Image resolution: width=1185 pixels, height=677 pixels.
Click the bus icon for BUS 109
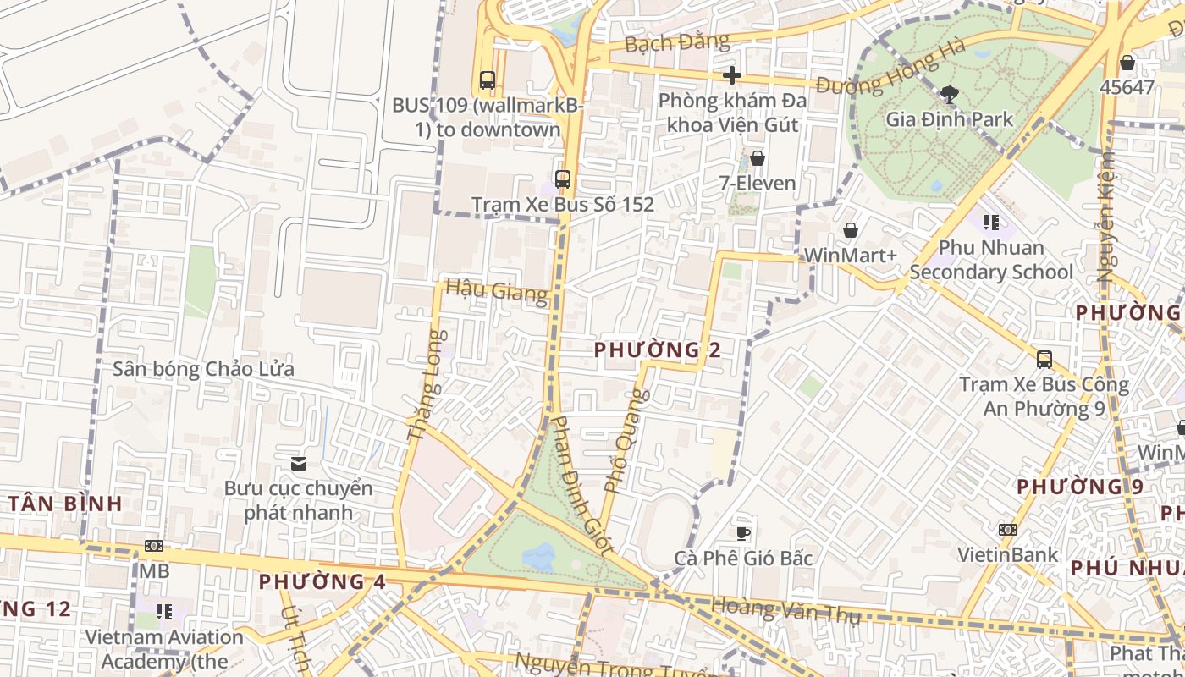pyautogui.click(x=487, y=80)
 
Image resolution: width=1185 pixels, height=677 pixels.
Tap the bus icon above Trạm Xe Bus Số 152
pyautogui.click(x=563, y=179)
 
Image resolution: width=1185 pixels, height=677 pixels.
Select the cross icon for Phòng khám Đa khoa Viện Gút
pyautogui.click(x=732, y=76)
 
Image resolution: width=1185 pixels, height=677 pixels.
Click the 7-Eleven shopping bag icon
pyautogui.click(x=758, y=158)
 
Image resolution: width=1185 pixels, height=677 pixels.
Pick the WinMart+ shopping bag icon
pyautogui.click(x=851, y=230)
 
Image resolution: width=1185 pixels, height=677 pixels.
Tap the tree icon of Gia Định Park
pyautogui.click(x=949, y=94)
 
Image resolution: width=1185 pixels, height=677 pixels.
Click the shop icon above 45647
pyautogui.click(x=1127, y=63)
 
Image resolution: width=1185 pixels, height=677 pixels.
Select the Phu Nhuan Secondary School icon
pyautogui.click(x=991, y=223)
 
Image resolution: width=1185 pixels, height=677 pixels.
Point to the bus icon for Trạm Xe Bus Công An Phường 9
pyautogui.click(x=1044, y=359)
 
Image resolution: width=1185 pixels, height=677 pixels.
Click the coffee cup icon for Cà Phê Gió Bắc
pyautogui.click(x=743, y=532)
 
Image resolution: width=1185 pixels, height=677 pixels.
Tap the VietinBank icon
pyautogui.click(x=1007, y=530)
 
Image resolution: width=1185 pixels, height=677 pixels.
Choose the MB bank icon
pyautogui.click(x=154, y=546)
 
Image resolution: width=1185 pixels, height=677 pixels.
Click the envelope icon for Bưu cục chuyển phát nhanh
pyautogui.click(x=298, y=464)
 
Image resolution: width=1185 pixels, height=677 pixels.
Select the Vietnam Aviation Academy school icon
pyautogui.click(x=164, y=611)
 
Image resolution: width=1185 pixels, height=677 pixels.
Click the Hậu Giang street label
pyautogui.click(x=496, y=291)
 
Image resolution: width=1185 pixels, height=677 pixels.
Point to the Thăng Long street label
pyautogui.click(x=426, y=385)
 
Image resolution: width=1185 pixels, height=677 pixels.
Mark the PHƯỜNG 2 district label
pyautogui.click(x=658, y=350)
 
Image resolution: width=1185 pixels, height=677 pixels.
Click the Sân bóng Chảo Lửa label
pyautogui.click(x=204, y=369)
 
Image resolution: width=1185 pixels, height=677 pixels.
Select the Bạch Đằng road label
pyautogui.click(x=676, y=41)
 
